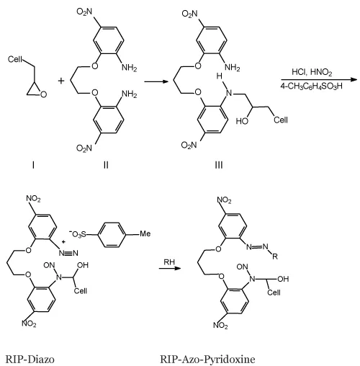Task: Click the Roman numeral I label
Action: pos(33,165)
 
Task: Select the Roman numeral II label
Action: pos(106,165)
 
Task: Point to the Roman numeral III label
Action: pos(219,165)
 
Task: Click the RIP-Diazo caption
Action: pos(30,360)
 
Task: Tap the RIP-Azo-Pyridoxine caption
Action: pos(207,360)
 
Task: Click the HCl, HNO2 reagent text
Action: pos(312,72)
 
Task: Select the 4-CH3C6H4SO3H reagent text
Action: pos(311,86)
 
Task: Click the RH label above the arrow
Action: pos(169,262)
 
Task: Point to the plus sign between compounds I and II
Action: pos(61,81)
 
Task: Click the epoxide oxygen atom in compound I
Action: pos(43,94)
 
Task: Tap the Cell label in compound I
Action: pos(15,59)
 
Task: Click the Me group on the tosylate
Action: pos(145,233)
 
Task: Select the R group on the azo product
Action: pos(275,256)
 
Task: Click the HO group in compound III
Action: pos(242,121)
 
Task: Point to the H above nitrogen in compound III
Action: pos(219,76)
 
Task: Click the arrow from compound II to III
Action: pos(156,81)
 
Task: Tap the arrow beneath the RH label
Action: pos(169,268)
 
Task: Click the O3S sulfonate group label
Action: pos(77,233)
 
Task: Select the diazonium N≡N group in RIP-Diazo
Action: pos(68,253)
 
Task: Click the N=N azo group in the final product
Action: pos(258,246)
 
